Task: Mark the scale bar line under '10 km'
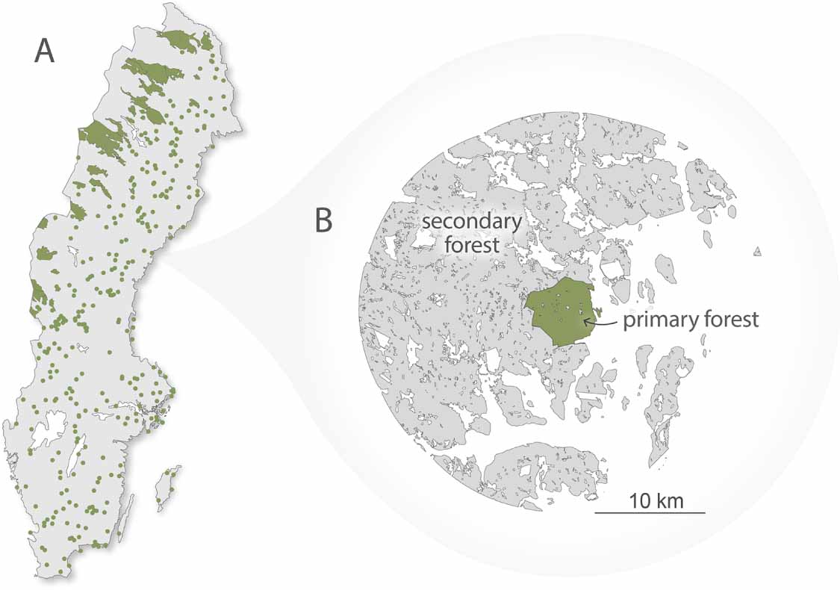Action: [650, 513]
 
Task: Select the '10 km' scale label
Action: [655, 499]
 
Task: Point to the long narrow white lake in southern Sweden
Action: [73, 456]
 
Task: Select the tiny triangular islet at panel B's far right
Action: [757, 252]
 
